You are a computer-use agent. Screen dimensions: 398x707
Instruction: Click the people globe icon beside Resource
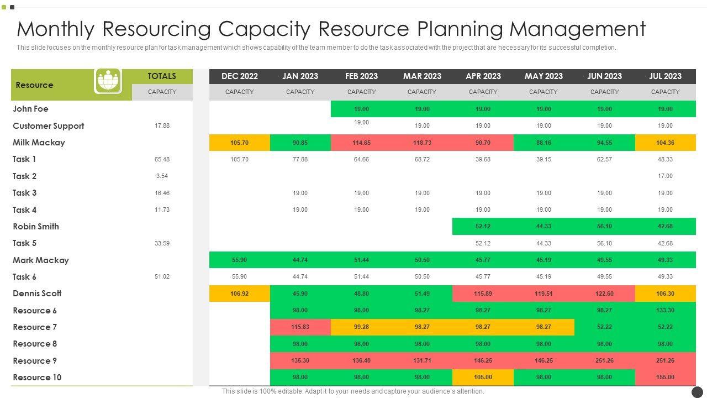point(108,81)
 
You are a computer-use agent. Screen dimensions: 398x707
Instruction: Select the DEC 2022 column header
point(239,76)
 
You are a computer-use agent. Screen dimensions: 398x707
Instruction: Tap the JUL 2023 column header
point(665,76)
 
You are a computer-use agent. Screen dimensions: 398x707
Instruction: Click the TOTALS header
point(162,76)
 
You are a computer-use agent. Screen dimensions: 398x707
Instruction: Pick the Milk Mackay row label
point(39,143)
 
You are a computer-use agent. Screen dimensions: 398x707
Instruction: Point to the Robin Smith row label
point(36,227)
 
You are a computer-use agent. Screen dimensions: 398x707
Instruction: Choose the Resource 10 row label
point(37,378)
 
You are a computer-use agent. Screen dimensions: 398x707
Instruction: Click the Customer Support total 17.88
point(162,126)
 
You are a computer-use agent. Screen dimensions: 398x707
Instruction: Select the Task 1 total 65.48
point(162,159)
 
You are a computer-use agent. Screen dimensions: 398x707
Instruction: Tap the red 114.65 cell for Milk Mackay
point(361,143)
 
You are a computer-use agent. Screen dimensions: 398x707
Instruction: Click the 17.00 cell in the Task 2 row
point(665,176)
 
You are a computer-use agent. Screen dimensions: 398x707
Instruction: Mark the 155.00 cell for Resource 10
point(665,378)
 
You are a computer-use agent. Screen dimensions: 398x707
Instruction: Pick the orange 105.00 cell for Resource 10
point(483,378)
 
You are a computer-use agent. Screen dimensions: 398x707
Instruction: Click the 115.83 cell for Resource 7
point(300,327)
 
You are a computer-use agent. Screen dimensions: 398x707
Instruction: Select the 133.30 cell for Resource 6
point(665,311)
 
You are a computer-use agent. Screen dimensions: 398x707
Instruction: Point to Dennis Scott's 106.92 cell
point(239,294)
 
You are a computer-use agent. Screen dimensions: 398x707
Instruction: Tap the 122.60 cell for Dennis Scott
point(604,294)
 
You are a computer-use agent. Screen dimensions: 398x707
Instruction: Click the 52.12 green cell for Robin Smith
point(483,227)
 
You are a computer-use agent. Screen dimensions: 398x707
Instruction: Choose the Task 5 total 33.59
point(162,243)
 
